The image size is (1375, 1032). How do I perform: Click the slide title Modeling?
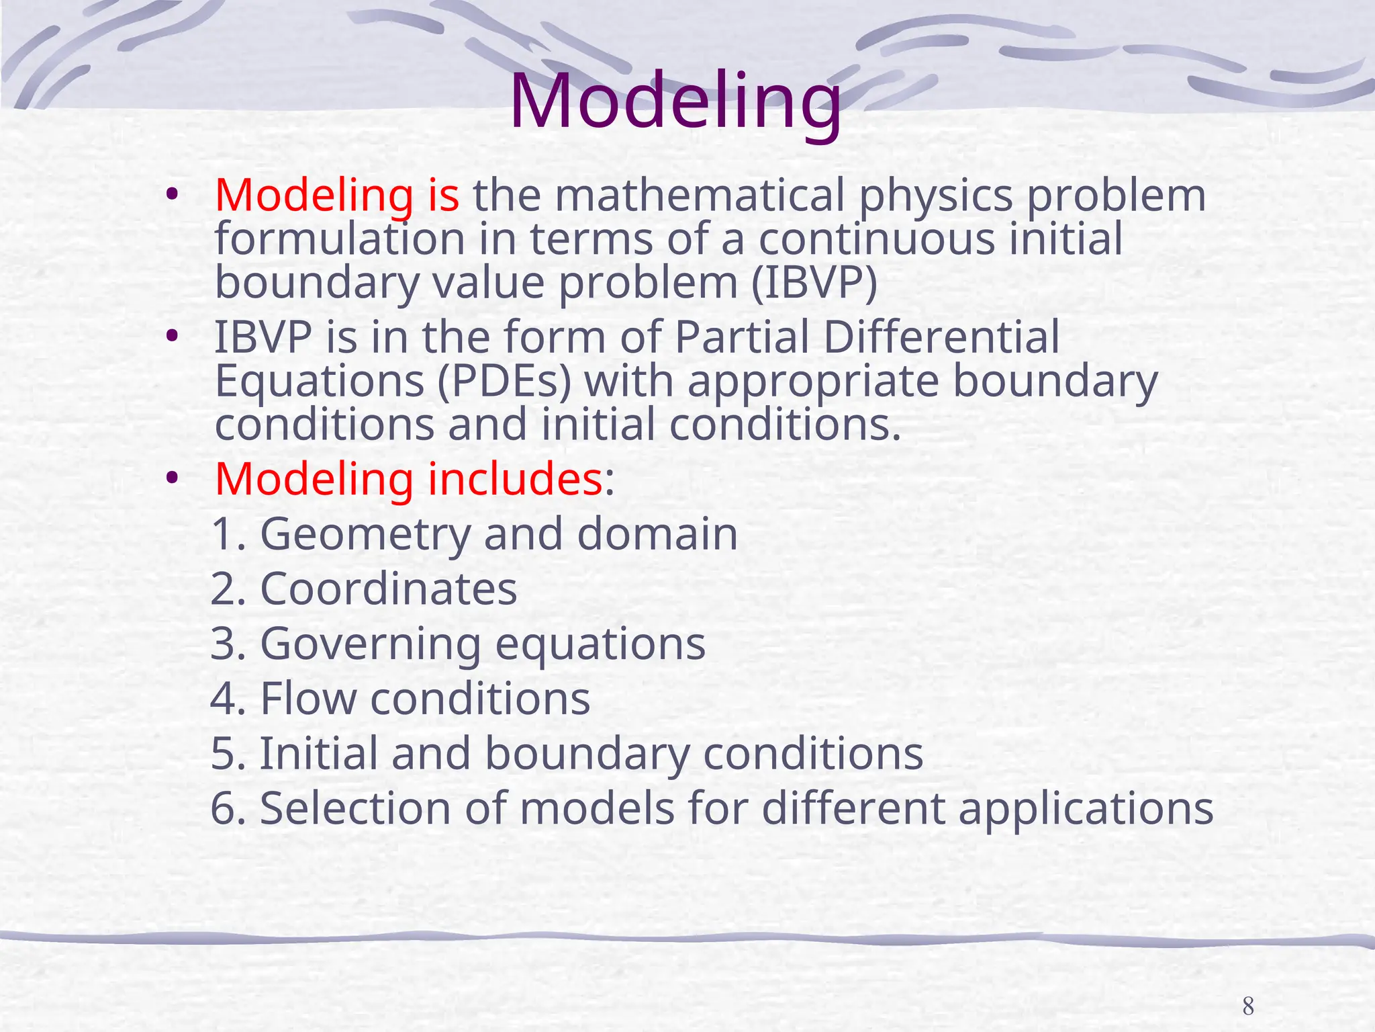tap(675, 102)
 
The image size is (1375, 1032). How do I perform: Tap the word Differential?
tap(941, 337)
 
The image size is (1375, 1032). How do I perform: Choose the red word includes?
tap(515, 479)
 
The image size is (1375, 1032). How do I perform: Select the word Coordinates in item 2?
tap(388, 589)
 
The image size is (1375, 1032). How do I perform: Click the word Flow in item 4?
tap(307, 699)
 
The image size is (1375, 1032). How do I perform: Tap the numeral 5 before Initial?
tap(224, 754)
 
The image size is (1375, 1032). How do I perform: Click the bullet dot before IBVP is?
tap(173, 335)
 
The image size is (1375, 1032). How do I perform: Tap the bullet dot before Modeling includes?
tap(173, 478)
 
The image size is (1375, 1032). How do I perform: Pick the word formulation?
tap(340, 239)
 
